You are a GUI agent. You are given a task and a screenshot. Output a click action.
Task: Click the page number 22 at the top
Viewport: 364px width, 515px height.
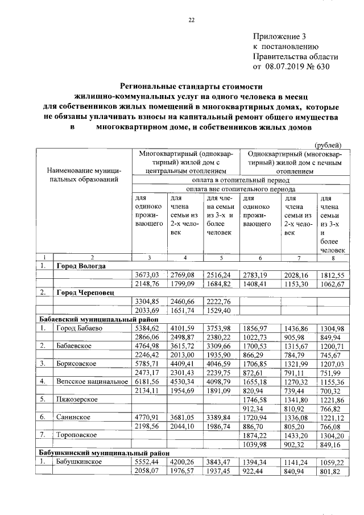point(192,21)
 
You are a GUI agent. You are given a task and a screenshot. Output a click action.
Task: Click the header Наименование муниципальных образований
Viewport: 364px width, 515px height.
point(84,175)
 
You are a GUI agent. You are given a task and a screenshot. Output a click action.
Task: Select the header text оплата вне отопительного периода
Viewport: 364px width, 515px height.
point(241,188)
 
